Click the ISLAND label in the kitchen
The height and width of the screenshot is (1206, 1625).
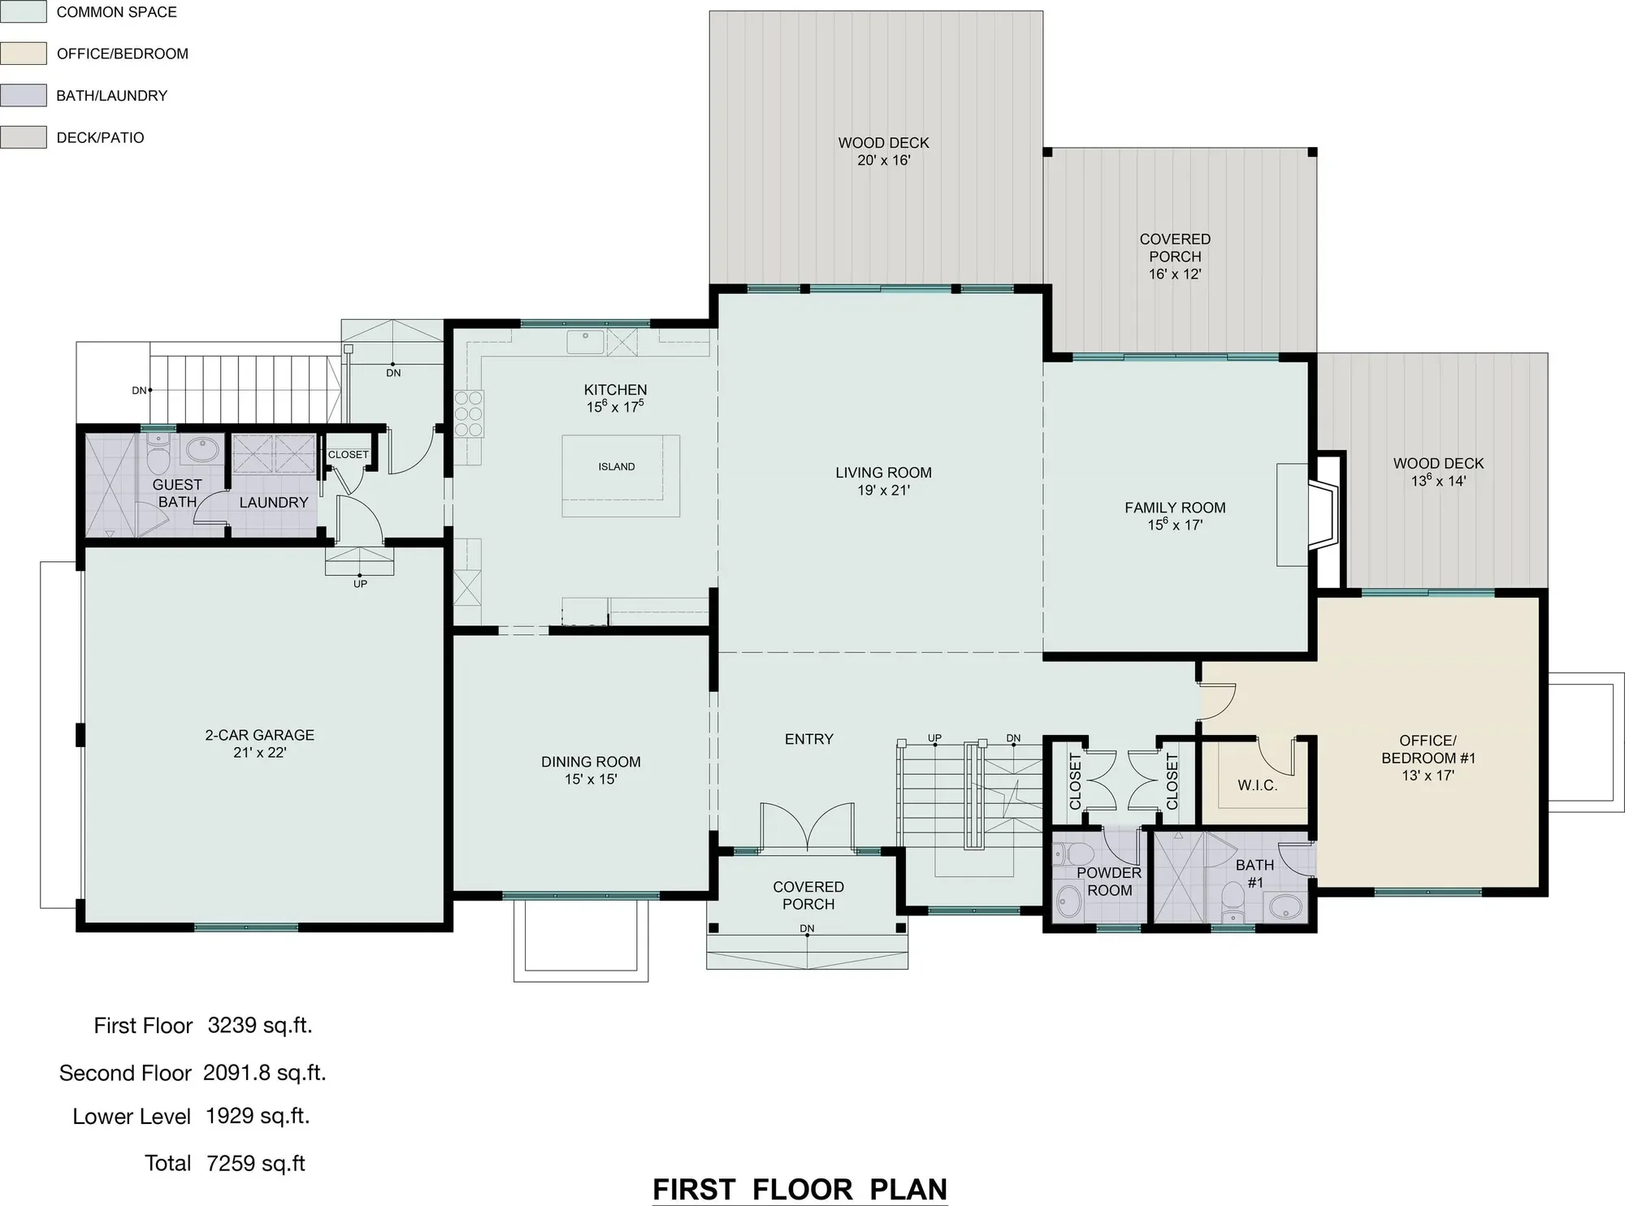pyautogui.click(x=617, y=467)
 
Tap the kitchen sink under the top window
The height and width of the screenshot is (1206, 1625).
pyautogui.click(x=585, y=342)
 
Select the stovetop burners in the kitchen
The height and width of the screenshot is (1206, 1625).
pyautogui.click(x=469, y=414)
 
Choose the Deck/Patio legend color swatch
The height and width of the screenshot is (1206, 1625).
pyautogui.click(x=23, y=137)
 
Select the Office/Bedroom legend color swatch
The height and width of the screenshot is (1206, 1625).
pyautogui.click(x=23, y=54)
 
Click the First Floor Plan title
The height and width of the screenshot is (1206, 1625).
pyautogui.click(x=800, y=1189)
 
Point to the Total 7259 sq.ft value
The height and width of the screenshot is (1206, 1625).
pyautogui.click(x=256, y=1163)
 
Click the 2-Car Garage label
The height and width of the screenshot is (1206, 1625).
pyautogui.click(x=259, y=735)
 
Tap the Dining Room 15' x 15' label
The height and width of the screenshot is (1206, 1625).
pyautogui.click(x=591, y=770)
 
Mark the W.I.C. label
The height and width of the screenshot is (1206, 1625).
pyautogui.click(x=1258, y=785)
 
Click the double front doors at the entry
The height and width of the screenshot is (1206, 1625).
pyautogui.click(x=808, y=827)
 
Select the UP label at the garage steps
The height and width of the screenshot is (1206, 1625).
pyautogui.click(x=360, y=584)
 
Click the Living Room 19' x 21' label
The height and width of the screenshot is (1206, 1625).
pyautogui.click(x=883, y=481)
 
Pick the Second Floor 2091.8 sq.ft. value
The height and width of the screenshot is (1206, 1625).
pyautogui.click(x=265, y=1073)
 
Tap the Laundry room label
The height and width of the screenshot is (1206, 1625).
pyautogui.click(x=274, y=503)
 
